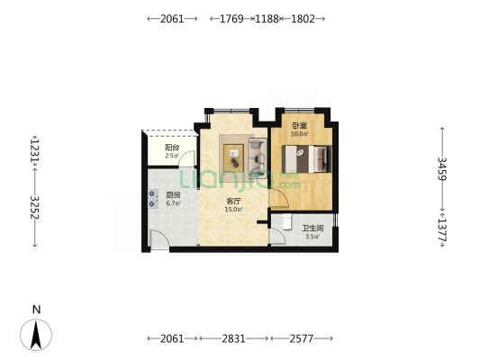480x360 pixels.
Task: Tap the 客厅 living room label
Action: (233, 202)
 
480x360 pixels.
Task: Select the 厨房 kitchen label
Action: (173, 195)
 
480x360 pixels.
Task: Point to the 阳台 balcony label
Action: (172, 148)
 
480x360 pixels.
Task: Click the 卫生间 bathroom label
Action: (312, 229)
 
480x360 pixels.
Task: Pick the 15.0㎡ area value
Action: (234, 210)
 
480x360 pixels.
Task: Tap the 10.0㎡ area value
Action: (300, 134)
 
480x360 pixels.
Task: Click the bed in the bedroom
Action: (307, 159)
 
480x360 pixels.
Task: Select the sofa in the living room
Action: (258, 155)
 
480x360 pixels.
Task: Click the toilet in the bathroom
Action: (287, 221)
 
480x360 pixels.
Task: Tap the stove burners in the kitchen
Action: (153, 199)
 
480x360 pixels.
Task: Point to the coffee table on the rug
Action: (233, 157)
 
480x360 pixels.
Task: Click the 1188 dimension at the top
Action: (267, 19)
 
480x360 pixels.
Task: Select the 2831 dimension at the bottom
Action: (233, 338)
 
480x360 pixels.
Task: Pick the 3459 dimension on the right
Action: (442, 168)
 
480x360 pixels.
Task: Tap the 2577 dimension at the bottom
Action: (302, 338)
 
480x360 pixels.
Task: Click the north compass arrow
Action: (36, 335)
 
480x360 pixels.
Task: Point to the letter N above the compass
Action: (36, 310)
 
